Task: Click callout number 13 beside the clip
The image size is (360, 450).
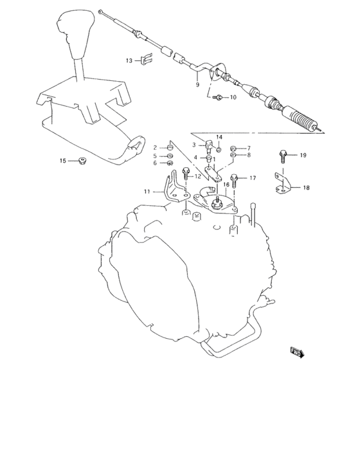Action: point(129,60)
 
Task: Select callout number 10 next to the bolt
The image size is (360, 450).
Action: point(232,98)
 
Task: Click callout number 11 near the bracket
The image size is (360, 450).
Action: point(147,191)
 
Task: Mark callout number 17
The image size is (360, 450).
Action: point(253,178)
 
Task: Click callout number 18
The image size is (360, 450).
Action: point(306,188)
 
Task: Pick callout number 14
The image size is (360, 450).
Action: point(219,137)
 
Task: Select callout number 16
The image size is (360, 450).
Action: point(226,184)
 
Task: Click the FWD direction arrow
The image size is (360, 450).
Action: point(296,352)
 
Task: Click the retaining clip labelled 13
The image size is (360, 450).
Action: point(147,60)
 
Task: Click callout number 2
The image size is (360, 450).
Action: point(155,148)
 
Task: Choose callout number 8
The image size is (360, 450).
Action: point(248,155)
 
